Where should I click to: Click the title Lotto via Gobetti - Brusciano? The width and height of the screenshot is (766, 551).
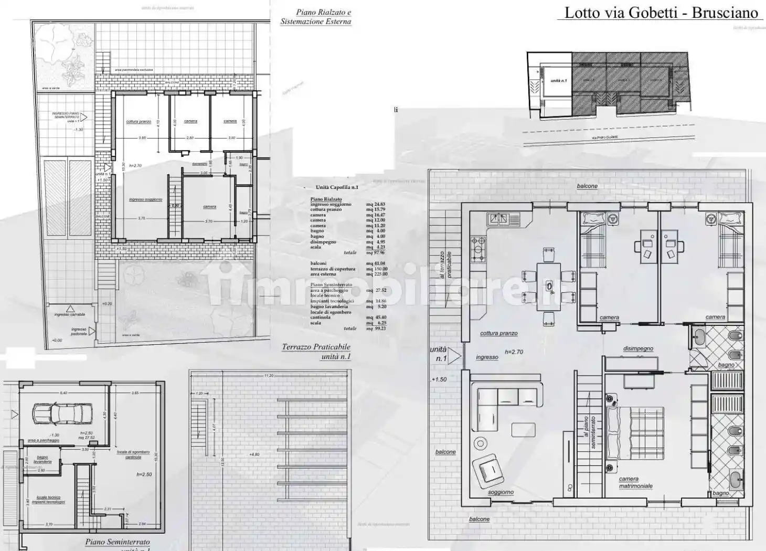pyautogui.click(x=661, y=13)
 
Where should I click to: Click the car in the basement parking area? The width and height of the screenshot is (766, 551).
pyautogui.click(x=62, y=414)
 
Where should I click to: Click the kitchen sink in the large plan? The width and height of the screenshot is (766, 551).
pyautogui.click(x=504, y=219)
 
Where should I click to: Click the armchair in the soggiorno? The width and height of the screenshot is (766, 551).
pyautogui.click(x=488, y=470)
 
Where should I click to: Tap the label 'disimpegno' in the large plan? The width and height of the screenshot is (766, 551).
pyautogui.click(x=638, y=348)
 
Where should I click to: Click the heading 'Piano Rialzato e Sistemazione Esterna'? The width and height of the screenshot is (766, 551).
pyautogui.click(x=316, y=17)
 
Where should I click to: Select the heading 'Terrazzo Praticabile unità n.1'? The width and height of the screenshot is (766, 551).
pyautogui.click(x=316, y=352)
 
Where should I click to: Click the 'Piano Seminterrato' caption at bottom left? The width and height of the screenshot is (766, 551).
pyautogui.click(x=118, y=542)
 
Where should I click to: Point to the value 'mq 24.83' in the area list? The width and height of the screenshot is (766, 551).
pyautogui.click(x=376, y=204)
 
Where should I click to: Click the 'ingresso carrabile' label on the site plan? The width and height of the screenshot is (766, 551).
pyautogui.click(x=69, y=315)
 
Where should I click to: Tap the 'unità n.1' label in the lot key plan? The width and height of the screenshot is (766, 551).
pyautogui.click(x=559, y=81)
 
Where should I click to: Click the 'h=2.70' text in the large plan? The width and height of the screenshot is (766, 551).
pyautogui.click(x=514, y=352)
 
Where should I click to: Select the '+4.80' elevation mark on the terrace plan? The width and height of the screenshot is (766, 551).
pyautogui.click(x=254, y=454)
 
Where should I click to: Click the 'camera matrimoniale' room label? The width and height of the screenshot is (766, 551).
pyautogui.click(x=635, y=482)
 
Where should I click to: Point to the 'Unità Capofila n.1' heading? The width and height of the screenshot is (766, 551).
pyautogui.click(x=337, y=187)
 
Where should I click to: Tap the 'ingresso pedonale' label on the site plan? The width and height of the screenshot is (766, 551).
pyautogui.click(x=79, y=332)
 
